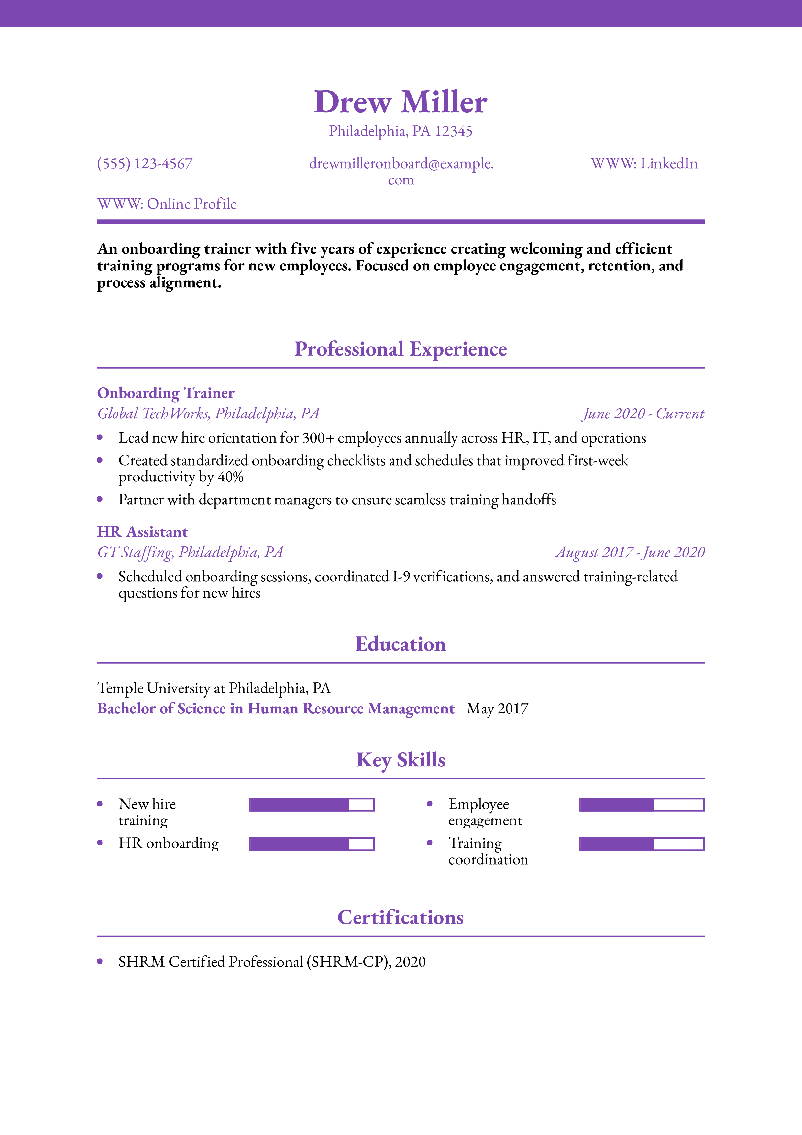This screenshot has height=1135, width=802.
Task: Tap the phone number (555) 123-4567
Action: (145, 164)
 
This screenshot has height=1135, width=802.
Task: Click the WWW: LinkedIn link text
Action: (644, 164)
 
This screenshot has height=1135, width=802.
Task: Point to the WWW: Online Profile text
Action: (167, 204)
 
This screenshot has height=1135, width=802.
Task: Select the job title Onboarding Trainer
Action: (166, 393)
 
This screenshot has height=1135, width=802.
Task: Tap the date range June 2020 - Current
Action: (643, 413)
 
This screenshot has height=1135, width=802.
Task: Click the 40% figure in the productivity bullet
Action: (231, 477)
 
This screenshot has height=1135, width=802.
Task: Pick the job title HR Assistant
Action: (142, 532)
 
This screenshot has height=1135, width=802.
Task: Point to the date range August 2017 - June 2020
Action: (630, 552)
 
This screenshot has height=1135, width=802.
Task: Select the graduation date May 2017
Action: (497, 709)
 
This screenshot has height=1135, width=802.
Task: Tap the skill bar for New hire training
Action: (311, 805)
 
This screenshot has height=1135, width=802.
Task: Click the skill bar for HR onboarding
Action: (311, 844)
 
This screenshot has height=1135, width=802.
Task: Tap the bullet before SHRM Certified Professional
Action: (100, 962)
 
